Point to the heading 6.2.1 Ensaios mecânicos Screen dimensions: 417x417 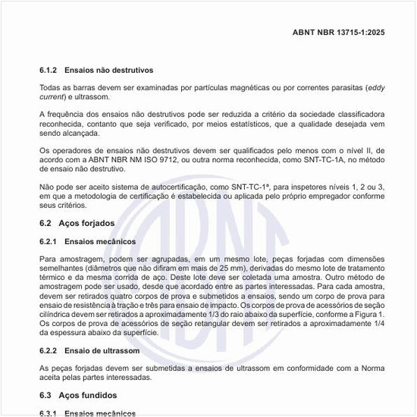(88, 241)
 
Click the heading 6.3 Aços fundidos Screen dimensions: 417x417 (78, 395)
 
